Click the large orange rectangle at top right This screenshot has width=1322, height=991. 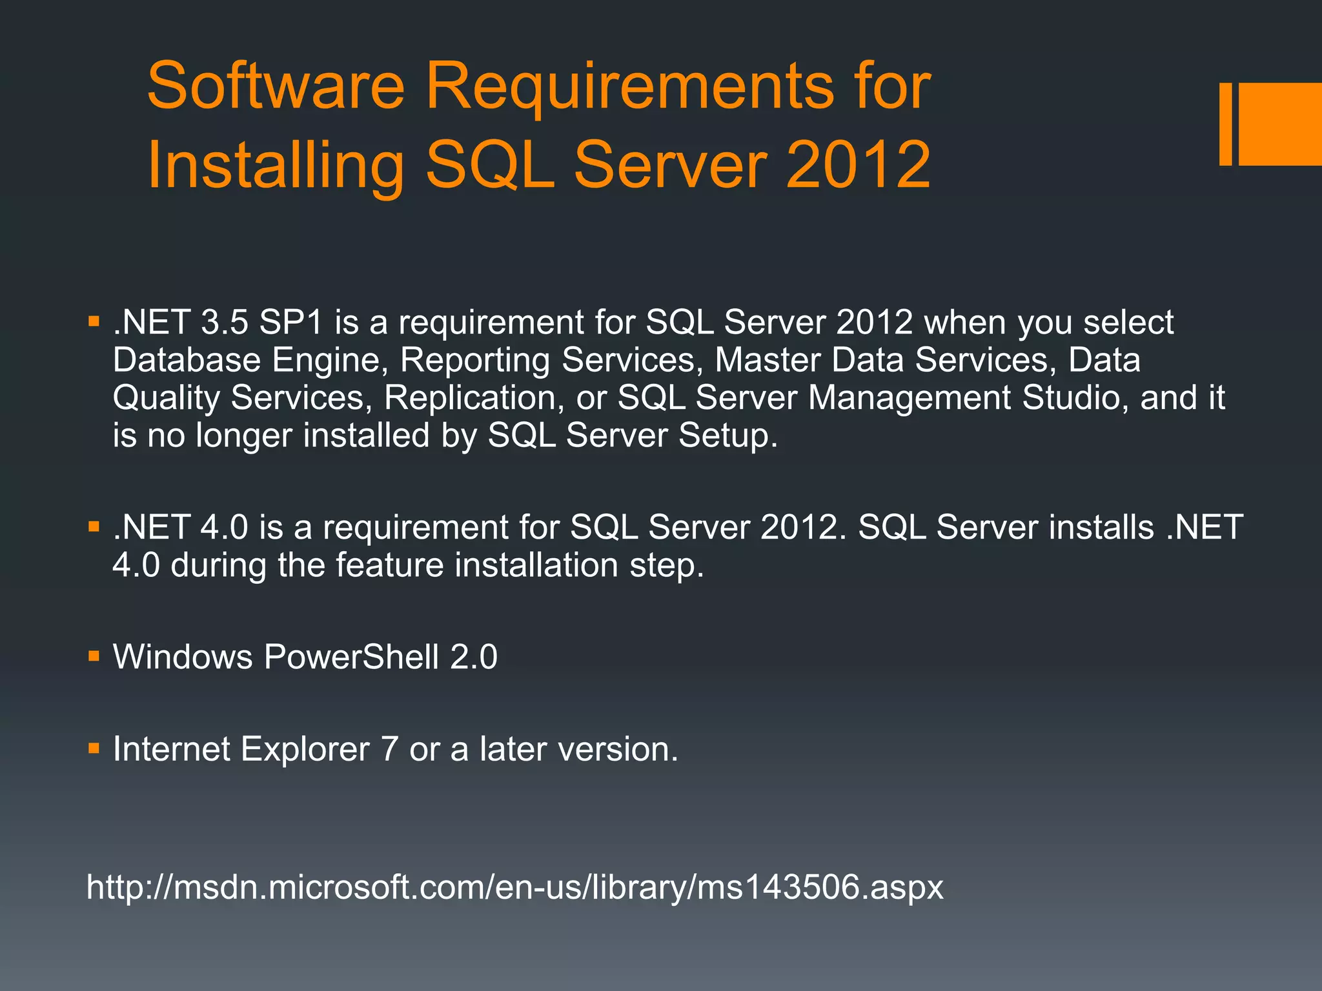pyautogui.click(x=1279, y=124)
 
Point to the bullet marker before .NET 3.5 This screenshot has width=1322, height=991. pyautogui.click(x=94, y=321)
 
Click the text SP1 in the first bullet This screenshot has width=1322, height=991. pyautogui.click(x=290, y=322)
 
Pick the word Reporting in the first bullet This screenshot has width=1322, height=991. pyautogui.click(x=474, y=361)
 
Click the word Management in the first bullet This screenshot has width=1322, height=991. pyautogui.click(x=909, y=398)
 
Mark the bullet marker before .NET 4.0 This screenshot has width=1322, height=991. pyautogui.click(x=94, y=526)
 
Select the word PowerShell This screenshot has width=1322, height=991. pyautogui.click(x=351, y=657)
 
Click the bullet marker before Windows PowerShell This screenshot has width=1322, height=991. pyautogui.click(x=94, y=657)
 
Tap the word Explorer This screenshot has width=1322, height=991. pyautogui.click(x=305, y=750)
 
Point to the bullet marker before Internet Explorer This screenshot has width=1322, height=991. pyautogui.click(x=94, y=748)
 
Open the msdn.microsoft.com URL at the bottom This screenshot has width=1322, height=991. pyautogui.click(x=514, y=887)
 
